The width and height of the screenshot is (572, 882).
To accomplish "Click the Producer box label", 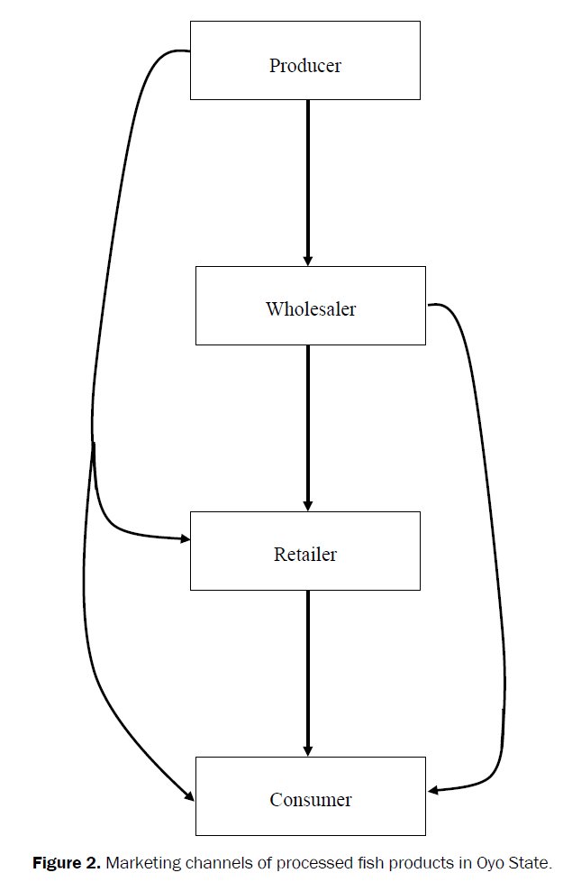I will pyautogui.click(x=305, y=66).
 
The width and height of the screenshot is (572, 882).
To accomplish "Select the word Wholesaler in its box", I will pyautogui.click(x=311, y=309).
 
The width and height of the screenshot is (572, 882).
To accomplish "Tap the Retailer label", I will pyautogui.click(x=305, y=554).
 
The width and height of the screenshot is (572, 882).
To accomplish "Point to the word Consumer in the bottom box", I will pyautogui.click(x=311, y=800).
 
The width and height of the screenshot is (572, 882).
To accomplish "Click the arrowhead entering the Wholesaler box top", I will pyautogui.click(x=308, y=260).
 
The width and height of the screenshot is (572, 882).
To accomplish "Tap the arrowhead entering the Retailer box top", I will pyautogui.click(x=308, y=505).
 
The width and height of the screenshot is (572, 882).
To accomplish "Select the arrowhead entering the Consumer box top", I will pyautogui.click(x=308, y=750).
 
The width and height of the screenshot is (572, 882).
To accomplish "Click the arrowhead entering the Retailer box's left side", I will pyautogui.click(x=186, y=539).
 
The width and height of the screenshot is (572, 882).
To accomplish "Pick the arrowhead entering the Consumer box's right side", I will pyautogui.click(x=433, y=791).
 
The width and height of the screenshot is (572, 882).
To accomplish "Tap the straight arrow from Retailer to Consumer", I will pyautogui.click(x=308, y=667).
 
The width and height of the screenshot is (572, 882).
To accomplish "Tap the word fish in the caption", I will pyautogui.click(x=363, y=863).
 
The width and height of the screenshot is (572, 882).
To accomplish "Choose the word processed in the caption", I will pyautogui.click(x=306, y=863).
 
